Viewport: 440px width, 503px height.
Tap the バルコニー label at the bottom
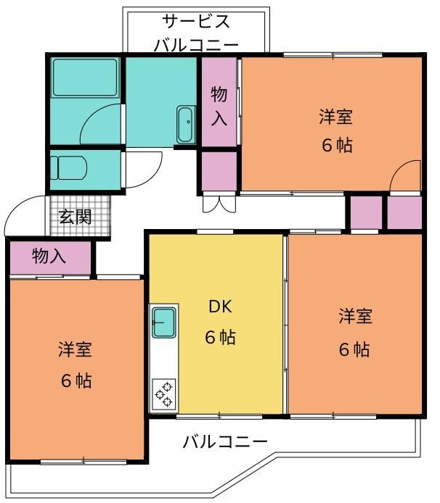[225, 441]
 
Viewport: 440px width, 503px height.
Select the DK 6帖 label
[219, 322]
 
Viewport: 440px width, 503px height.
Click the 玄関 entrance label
[75, 217]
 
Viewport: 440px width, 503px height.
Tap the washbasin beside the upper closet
[185, 124]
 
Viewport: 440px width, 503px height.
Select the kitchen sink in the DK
[163, 321]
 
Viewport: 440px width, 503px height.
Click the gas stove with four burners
[163, 394]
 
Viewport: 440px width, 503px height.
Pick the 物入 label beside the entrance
[49, 256]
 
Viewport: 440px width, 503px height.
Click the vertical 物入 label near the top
[219, 105]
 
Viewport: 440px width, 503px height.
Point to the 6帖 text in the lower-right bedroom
[355, 349]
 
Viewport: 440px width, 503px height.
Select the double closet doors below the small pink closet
[219, 202]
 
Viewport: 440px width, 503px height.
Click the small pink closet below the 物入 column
[219, 171]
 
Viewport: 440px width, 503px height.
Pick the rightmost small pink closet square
[404, 212]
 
